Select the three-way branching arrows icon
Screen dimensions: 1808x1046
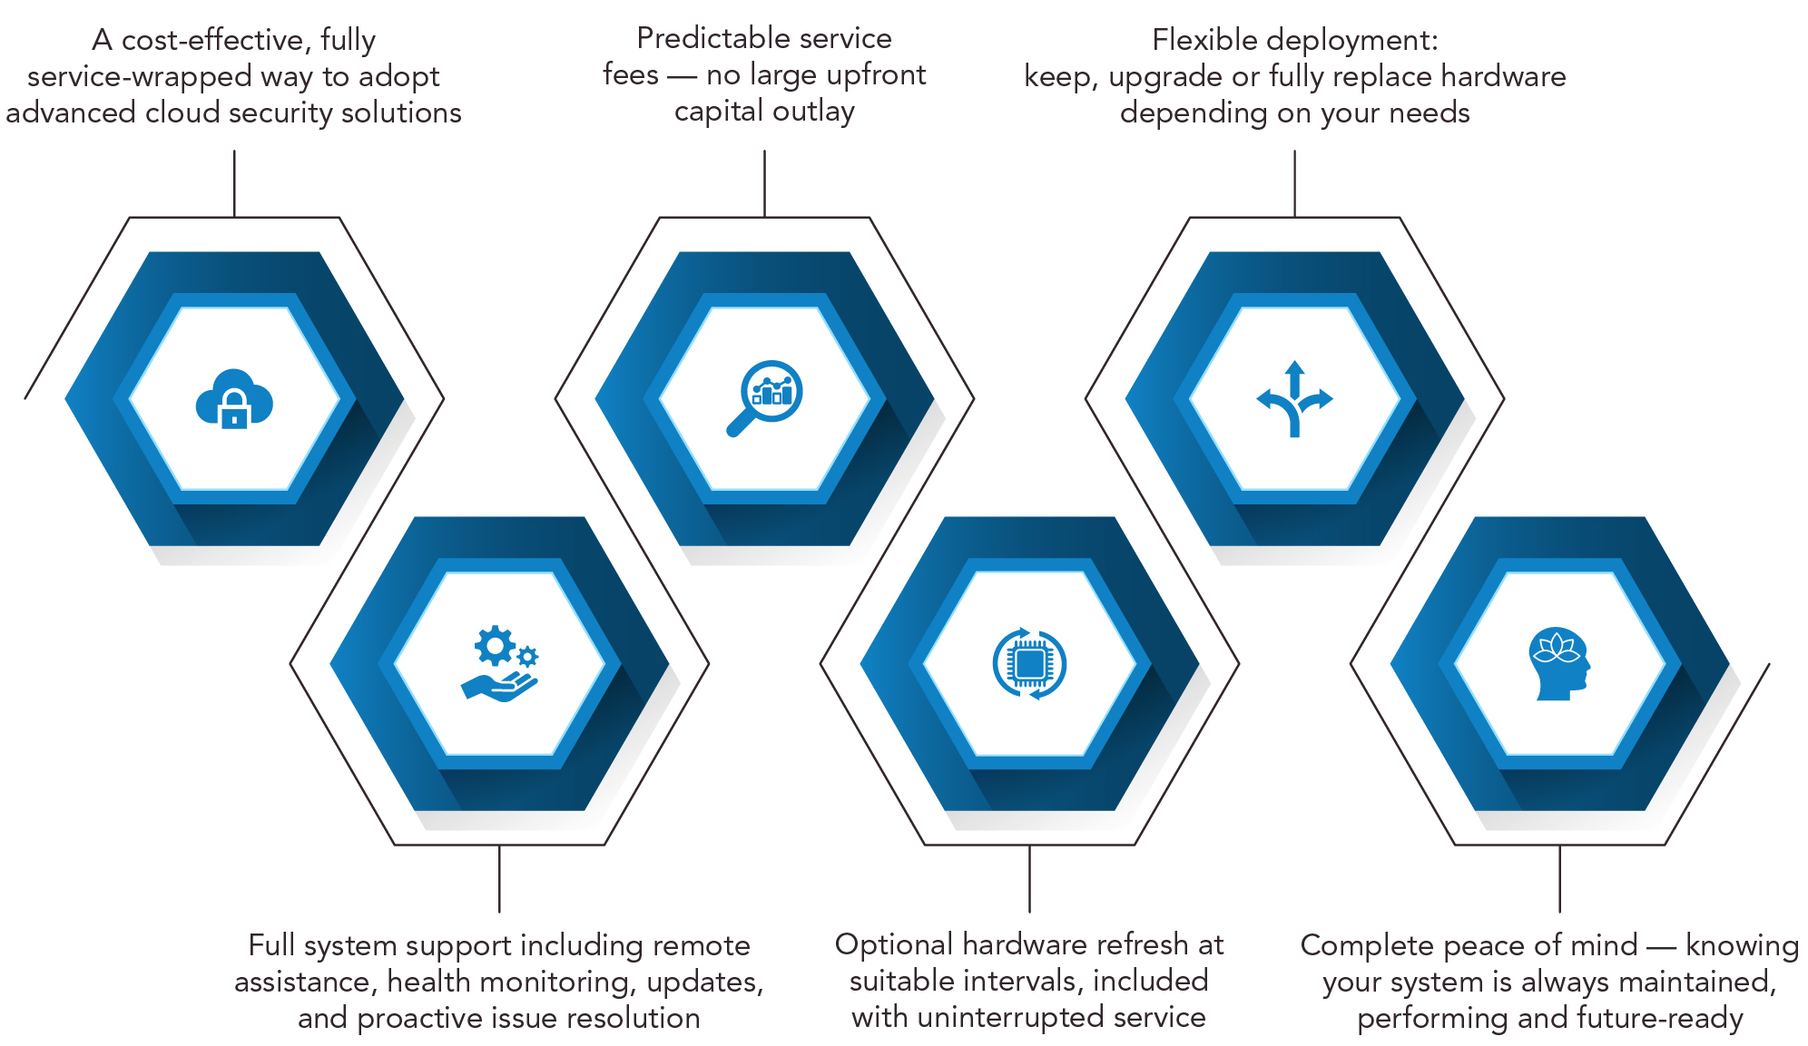(x=1294, y=399)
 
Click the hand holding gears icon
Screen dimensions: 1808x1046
(x=499, y=663)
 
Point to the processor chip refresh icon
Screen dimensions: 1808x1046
(x=1029, y=663)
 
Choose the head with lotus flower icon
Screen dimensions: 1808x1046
(x=1559, y=664)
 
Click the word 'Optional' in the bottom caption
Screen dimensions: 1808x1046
(x=894, y=945)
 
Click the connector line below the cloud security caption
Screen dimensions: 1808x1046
(x=234, y=183)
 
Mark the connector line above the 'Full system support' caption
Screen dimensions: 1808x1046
(x=499, y=878)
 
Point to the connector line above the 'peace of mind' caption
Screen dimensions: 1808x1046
(x=1559, y=878)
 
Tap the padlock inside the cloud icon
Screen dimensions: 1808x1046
(x=234, y=409)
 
